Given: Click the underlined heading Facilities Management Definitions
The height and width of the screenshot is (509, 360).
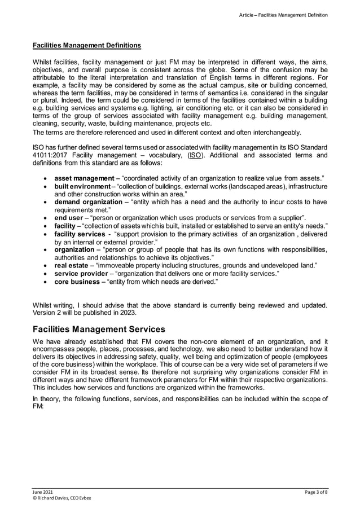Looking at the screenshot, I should pyautogui.click(x=86, y=45).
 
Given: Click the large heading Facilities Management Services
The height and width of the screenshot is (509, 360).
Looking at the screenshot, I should pyautogui.click(x=99, y=328).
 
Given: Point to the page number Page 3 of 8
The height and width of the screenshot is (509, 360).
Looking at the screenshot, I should pyautogui.click(x=315, y=493).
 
